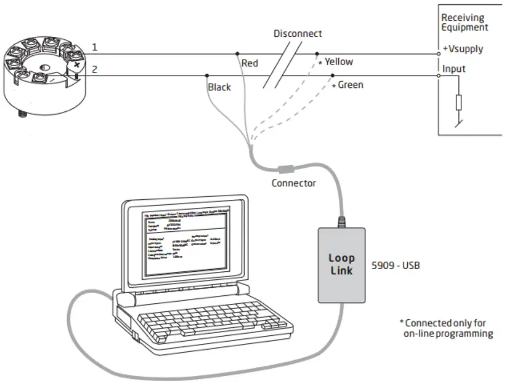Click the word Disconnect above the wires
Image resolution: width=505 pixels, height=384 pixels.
298,33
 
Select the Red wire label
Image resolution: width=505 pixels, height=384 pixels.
250,63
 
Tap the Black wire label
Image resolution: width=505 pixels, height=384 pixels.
219,87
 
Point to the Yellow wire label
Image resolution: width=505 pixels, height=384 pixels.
338,62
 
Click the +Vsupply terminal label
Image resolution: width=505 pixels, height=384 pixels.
463,49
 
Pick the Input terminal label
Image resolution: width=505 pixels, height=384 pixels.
454,69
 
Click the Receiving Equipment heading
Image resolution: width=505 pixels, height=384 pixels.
464,22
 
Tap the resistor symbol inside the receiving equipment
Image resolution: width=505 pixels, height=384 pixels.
458,101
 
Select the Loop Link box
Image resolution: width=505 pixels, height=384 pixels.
341,265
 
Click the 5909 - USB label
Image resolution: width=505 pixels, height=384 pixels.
396,266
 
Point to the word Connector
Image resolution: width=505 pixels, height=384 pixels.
294,183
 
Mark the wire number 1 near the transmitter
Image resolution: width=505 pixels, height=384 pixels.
95,47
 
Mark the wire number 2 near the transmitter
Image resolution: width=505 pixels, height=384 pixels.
95,70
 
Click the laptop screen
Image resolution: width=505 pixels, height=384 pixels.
186,244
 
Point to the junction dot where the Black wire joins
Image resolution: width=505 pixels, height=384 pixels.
207,76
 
